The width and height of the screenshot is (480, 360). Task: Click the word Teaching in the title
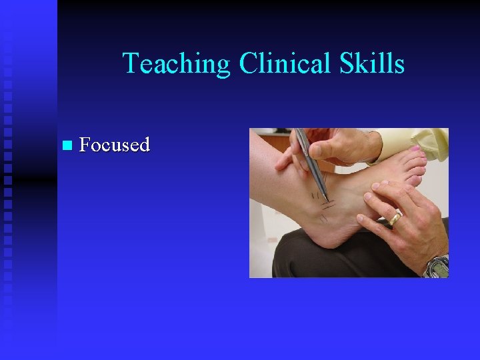point(176,64)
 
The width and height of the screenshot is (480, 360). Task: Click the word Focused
point(114,144)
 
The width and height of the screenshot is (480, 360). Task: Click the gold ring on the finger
point(395,217)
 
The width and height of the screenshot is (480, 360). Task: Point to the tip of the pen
point(325,198)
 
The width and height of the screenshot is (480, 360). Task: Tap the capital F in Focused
point(85,144)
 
